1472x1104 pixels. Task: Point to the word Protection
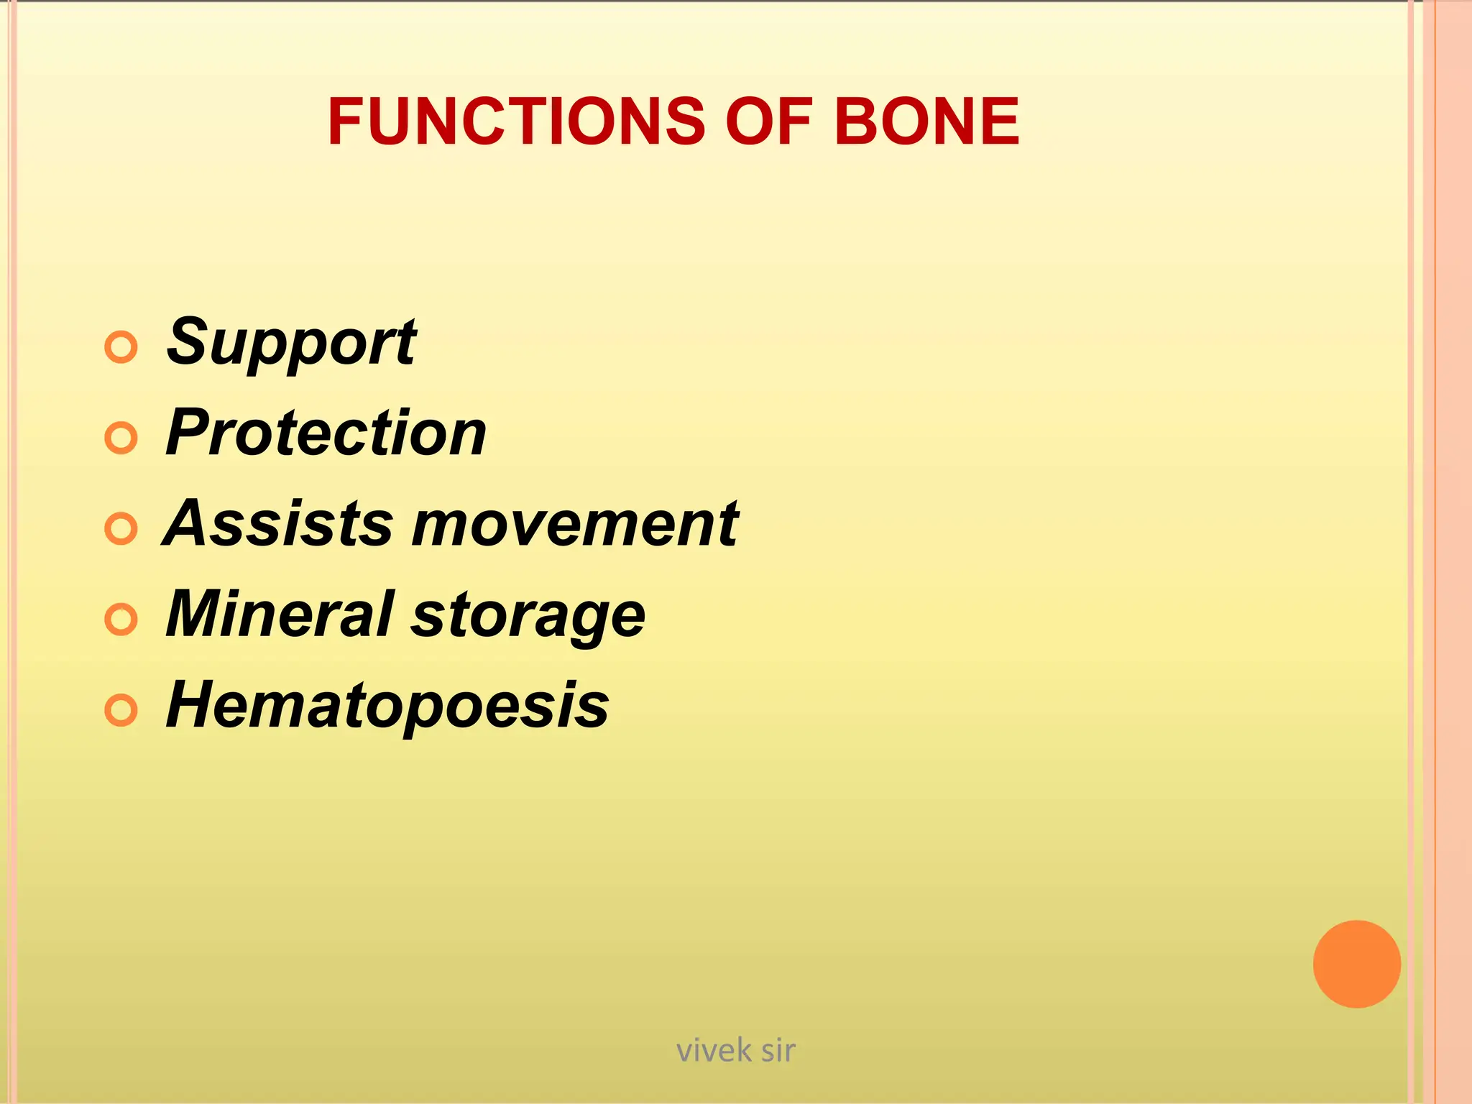coord(326,433)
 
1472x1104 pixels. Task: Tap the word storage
coord(528,617)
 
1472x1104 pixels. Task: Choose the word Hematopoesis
coord(387,706)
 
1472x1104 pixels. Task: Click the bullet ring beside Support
coord(121,348)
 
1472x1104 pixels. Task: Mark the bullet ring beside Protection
coord(121,438)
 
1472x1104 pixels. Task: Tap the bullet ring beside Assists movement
coord(121,529)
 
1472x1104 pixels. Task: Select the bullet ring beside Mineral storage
coord(121,620)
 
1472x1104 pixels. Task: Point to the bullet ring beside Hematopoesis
coord(121,711)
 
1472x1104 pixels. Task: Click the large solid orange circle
coord(1356,964)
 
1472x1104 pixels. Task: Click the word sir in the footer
coord(778,1051)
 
